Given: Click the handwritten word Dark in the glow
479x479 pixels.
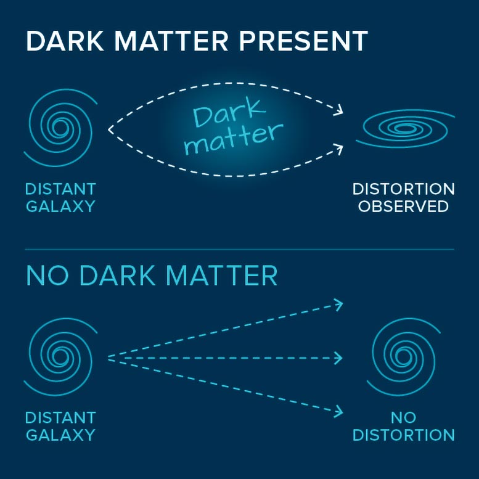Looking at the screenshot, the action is pos(229,115).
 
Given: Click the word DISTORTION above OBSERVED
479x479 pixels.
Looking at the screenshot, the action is pos(403,189).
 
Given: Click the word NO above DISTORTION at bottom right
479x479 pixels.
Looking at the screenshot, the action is pos(403,417).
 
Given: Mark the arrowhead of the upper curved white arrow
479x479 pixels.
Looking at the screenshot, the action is pos(338,112).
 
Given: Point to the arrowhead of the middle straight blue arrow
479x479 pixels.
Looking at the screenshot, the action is pos(338,358).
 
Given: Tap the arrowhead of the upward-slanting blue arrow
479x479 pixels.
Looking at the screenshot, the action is pos(338,303).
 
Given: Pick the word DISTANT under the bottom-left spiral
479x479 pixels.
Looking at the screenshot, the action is pos(60,417).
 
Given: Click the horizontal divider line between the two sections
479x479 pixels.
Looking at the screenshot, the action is pos(239,250).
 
